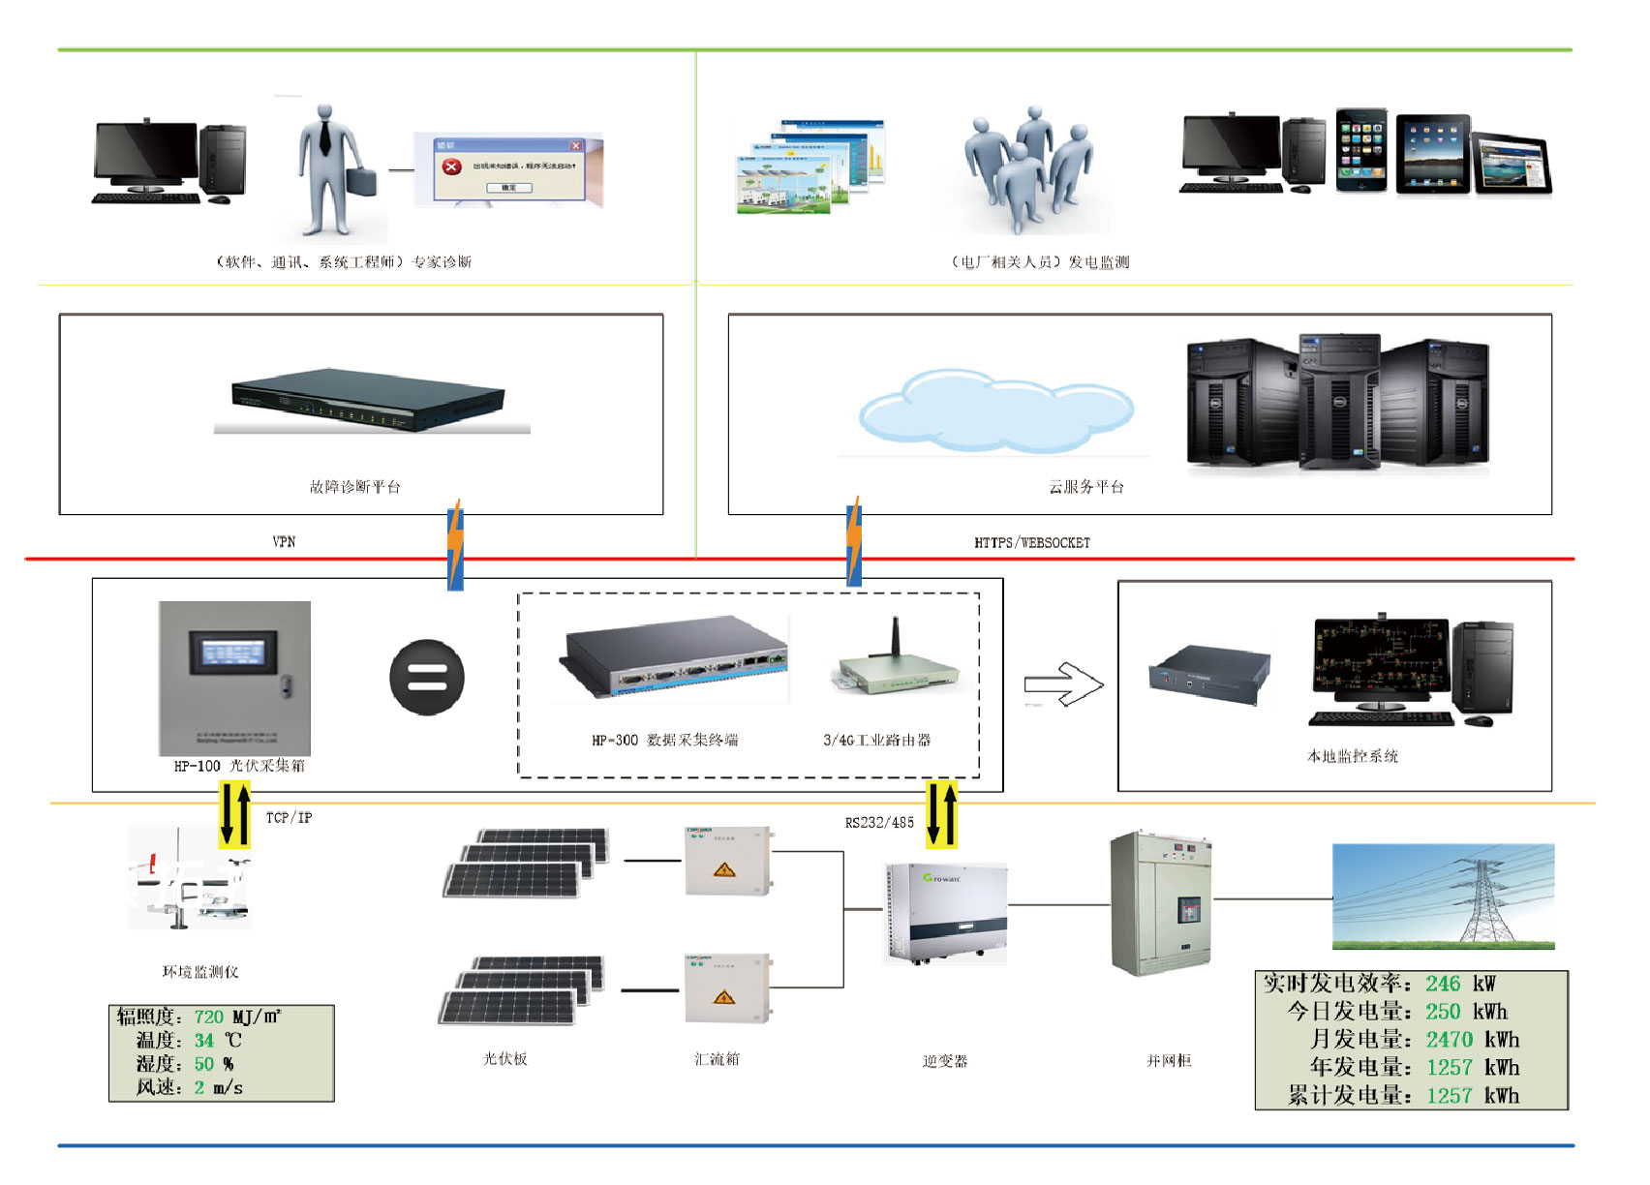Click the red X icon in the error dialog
pos(451,167)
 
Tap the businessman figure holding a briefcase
pos(329,169)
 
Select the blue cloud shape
pos(994,411)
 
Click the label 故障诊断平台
pos(354,487)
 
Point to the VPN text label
pos(284,542)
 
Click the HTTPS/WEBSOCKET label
pos(1032,543)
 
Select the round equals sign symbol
pos(427,678)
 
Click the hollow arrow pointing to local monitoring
pos(1063,684)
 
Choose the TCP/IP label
pos(290,818)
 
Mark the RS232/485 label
pos(879,823)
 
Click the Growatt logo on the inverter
pos(941,878)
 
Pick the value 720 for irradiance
pos(208,1018)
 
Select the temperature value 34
pos(203,1041)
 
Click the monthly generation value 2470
pos(1449,1040)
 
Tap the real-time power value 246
pos(1443,985)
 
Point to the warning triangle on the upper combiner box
pos(724,870)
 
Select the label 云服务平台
pos(1086,487)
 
